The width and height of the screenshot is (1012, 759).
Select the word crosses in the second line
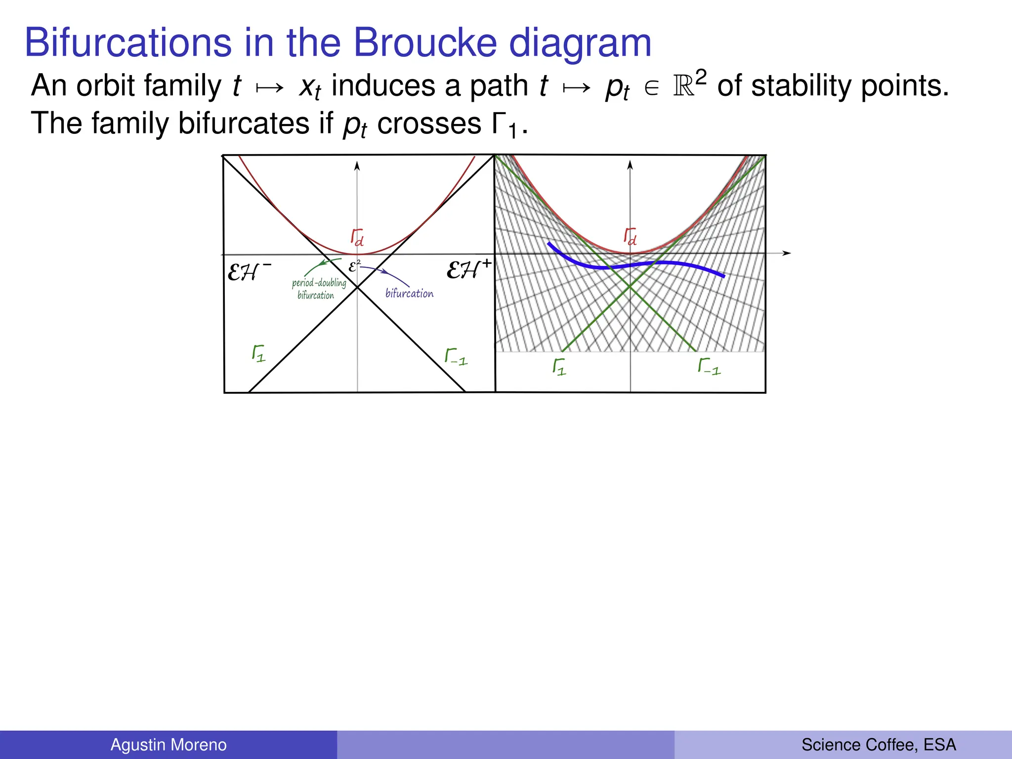429,124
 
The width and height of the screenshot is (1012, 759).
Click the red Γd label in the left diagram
357,237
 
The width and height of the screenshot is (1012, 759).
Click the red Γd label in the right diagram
630,237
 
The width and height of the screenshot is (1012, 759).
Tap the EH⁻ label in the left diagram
249,271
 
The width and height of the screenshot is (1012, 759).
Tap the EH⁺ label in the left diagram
468,270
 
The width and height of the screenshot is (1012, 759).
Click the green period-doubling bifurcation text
318,289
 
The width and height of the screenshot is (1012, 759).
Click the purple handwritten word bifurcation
409,294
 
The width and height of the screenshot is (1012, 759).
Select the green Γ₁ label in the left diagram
258,354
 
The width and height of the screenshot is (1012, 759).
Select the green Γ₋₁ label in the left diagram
456,357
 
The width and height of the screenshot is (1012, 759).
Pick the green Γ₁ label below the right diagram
559,367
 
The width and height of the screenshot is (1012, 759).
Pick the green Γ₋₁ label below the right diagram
709,367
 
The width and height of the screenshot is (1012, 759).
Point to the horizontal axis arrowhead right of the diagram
787,253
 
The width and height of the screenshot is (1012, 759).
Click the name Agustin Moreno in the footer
169,745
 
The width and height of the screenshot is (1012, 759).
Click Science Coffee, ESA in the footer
878,745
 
